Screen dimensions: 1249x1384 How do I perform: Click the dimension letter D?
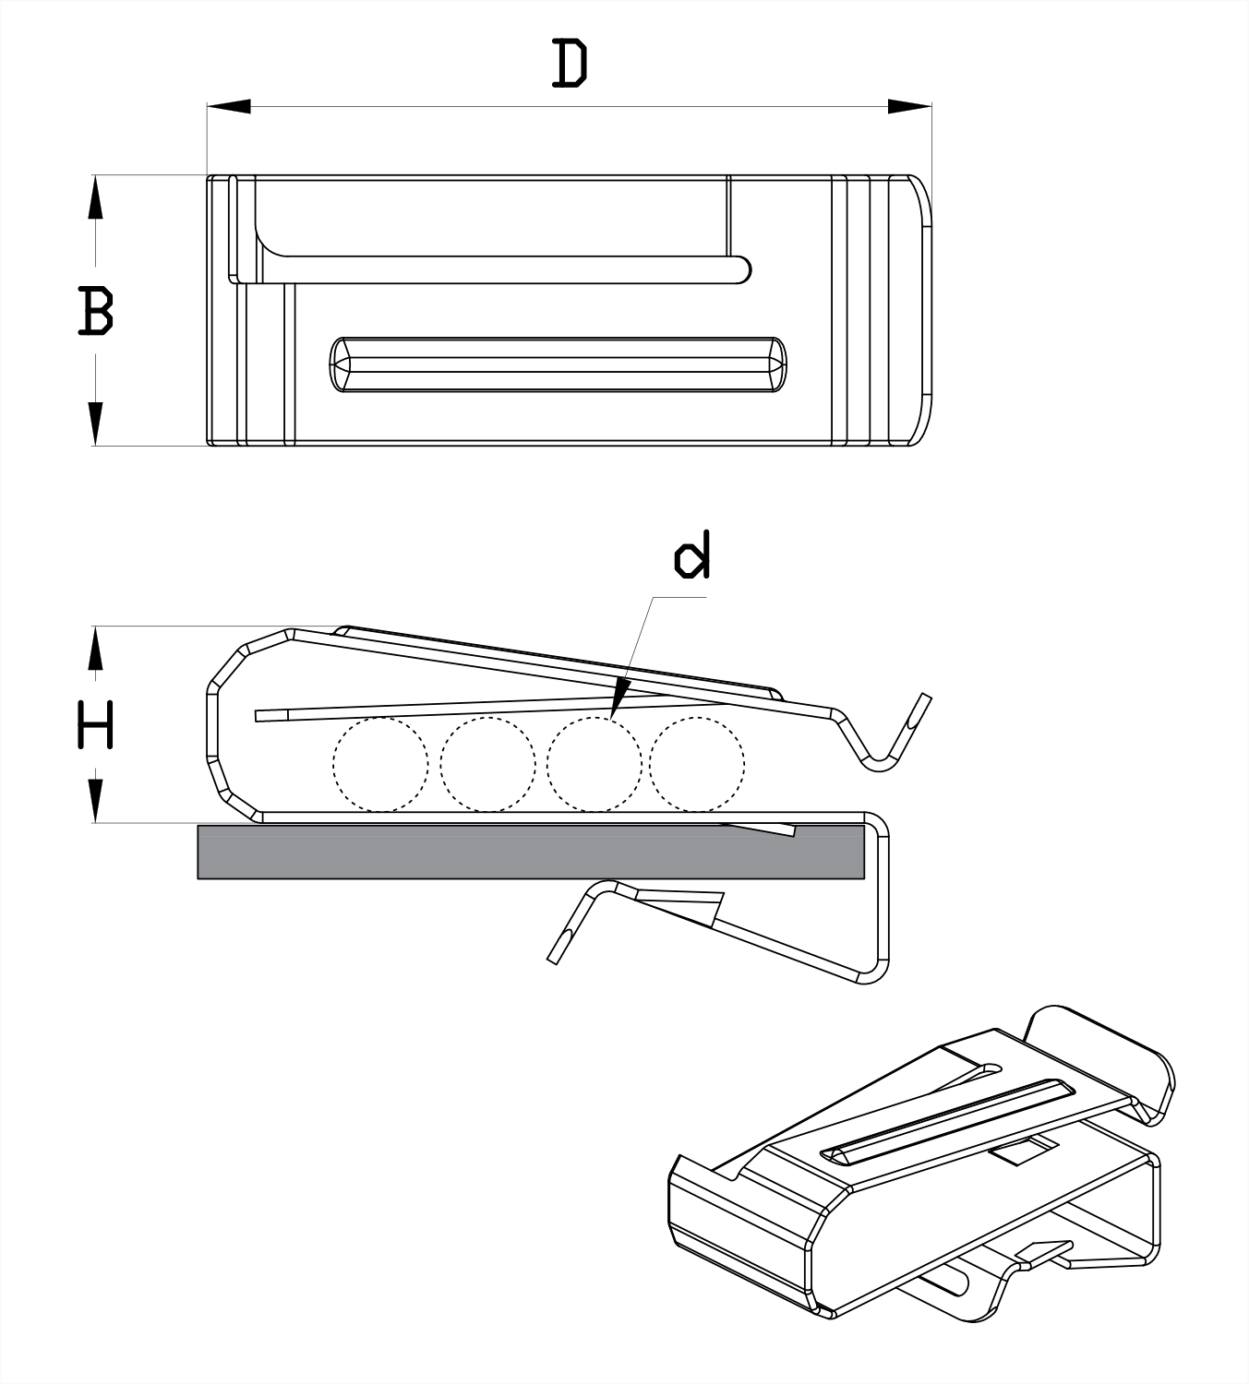coord(570,64)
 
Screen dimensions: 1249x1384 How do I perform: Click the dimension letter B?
coord(95,311)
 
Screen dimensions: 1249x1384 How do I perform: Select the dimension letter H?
coord(95,724)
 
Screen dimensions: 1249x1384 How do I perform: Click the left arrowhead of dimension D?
coord(229,106)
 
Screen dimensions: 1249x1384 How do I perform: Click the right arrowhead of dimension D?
coord(910,106)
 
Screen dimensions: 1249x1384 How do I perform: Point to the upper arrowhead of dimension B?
coord(95,197)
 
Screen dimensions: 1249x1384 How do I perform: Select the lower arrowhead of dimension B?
coord(95,424)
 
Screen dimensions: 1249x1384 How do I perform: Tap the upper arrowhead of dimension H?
coord(95,648)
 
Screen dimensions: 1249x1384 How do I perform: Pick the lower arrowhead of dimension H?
coord(95,800)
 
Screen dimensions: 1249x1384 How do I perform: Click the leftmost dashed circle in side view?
coord(380,765)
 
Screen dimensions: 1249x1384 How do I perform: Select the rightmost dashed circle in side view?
coord(697,765)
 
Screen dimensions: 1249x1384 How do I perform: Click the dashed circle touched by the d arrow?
coord(594,765)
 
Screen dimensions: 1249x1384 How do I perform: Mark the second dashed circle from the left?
coord(487,765)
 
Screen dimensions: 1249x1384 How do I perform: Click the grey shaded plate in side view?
coord(531,852)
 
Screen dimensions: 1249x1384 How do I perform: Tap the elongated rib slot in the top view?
coord(558,364)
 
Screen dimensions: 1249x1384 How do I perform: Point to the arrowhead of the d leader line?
coord(619,698)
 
